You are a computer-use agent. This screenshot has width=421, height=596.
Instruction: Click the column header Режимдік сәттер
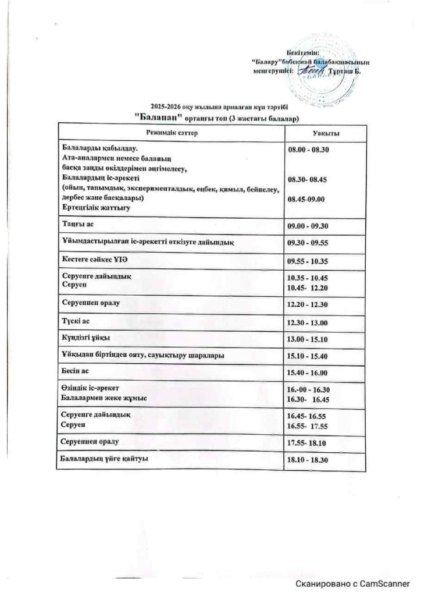tap(172, 134)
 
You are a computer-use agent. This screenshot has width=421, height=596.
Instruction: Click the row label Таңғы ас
tap(76, 223)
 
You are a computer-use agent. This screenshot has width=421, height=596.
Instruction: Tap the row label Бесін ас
tap(74, 370)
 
